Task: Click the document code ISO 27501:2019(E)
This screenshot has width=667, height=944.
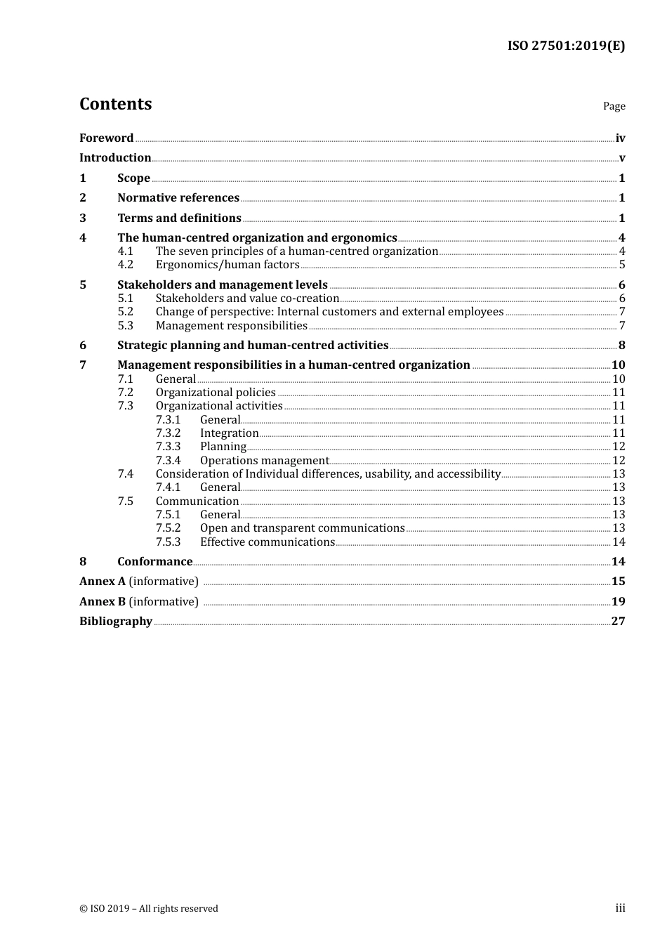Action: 566,46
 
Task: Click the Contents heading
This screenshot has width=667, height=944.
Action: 115,104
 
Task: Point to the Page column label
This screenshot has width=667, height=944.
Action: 614,106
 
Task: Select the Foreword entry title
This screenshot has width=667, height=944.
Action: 106,138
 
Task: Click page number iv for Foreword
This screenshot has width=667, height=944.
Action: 620,138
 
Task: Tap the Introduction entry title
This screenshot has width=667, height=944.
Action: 115,158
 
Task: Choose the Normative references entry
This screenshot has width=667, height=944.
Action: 178,198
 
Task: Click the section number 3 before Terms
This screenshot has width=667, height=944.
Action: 83,218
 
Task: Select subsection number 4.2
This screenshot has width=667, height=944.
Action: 125,265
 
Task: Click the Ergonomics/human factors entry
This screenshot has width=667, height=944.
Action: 227,265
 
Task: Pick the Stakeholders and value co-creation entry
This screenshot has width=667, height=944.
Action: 247,299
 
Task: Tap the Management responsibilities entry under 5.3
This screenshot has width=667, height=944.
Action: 231,326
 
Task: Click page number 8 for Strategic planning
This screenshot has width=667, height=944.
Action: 621,346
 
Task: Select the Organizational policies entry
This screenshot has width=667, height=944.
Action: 216,393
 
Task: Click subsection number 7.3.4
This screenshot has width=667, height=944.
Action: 168,461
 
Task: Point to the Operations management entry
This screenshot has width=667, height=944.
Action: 264,461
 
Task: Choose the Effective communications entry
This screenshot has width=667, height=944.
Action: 267,542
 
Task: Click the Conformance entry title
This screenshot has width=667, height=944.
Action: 154,562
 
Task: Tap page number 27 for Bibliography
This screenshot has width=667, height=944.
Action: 618,622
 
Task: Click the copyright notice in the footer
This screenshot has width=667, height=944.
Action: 149,909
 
